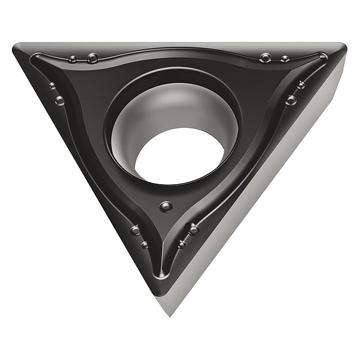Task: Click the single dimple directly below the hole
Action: pos(166,207)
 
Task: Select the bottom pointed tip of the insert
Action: pos(172,312)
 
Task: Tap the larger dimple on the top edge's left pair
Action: pos(92,58)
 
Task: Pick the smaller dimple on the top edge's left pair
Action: pos(73,59)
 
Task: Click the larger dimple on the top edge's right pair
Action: pos(265,58)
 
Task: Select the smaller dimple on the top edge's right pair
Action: pos(284,59)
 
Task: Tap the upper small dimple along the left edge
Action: pos(52,86)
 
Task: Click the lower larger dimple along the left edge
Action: pos(59,100)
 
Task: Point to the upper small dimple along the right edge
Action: pos(301,85)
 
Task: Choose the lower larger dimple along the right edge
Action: pos(291,100)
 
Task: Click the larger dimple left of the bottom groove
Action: pos(136,230)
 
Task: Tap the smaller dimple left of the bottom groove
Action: pos(145,244)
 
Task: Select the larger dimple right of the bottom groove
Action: pos(193,229)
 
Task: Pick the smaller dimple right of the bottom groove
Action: pos(182,244)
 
